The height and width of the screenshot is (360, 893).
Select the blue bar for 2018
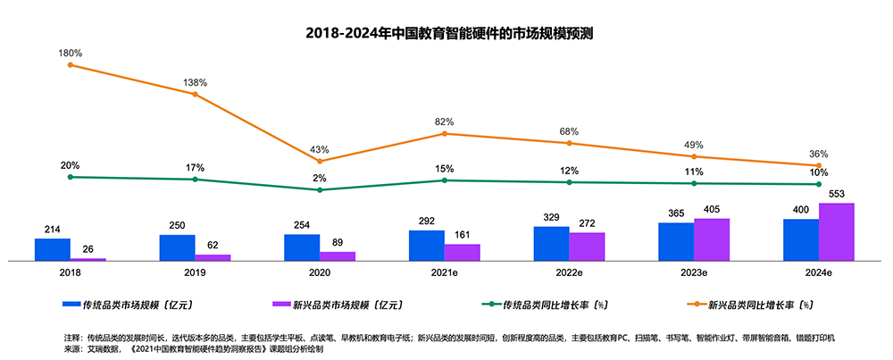point(52,249)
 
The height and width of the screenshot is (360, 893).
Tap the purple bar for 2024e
point(837,231)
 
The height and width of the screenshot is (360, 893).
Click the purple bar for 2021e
point(462,252)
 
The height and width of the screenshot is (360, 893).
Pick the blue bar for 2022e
point(551,243)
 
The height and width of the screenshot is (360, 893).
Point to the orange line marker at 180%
point(70,64)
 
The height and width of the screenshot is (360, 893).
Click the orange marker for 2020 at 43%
point(320,161)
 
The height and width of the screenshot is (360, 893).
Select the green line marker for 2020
point(320,189)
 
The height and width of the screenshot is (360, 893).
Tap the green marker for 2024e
point(819,184)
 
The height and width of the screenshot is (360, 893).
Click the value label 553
point(837,194)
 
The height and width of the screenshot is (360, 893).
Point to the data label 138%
point(195,82)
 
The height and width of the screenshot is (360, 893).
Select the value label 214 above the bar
point(52,230)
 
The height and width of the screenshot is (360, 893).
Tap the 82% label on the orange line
point(444,121)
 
